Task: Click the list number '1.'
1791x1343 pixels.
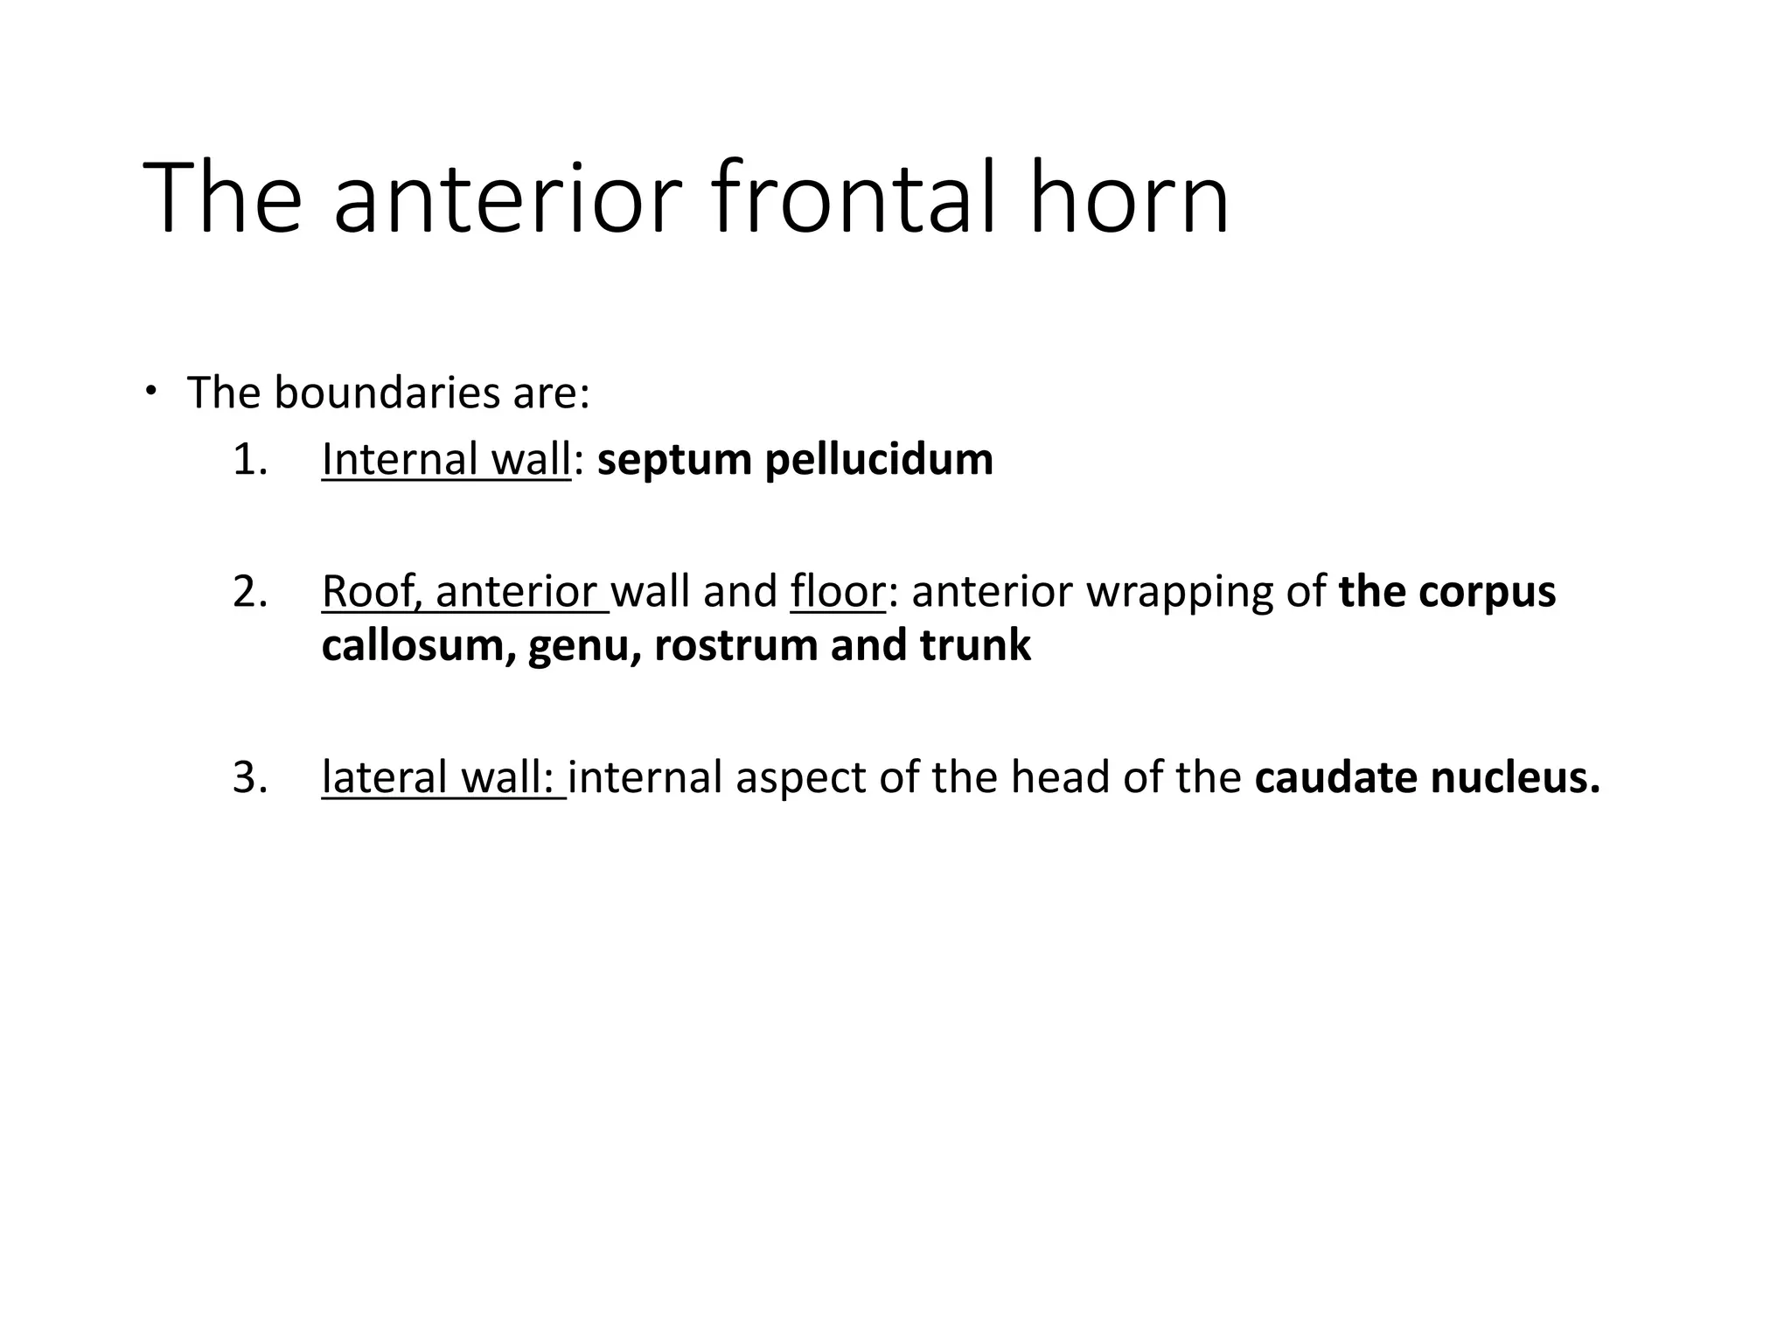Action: point(250,460)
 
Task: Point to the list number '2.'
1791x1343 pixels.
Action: point(250,592)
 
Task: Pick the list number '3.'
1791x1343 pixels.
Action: point(250,777)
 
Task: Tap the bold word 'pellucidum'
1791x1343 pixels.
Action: point(879,460)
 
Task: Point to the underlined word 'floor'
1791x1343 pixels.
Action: point(837,592)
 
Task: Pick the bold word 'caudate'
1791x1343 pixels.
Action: point(1335,777)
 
